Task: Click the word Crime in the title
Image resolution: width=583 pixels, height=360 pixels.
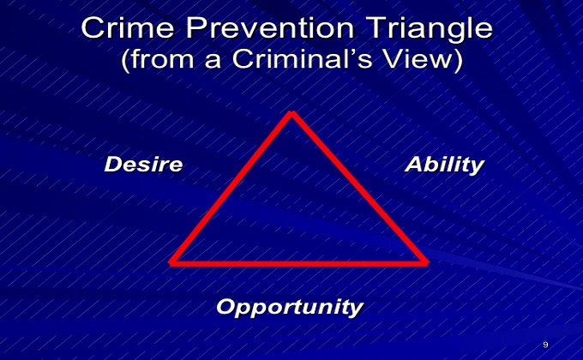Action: pos(128,28)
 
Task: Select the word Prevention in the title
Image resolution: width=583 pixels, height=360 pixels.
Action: pos(270,28)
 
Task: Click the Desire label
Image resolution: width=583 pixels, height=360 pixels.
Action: pos(143,165)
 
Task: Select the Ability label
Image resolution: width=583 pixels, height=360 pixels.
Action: pos(445,165)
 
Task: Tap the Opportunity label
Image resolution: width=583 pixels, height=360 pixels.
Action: pos(290,308)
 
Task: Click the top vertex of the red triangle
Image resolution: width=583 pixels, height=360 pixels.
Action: pos(292,112)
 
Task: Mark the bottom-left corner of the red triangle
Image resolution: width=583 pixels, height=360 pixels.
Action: pos(171,262)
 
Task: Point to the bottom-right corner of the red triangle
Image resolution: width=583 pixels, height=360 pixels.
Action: pos(427,262)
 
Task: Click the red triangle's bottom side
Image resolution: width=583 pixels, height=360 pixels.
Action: pos(298,264)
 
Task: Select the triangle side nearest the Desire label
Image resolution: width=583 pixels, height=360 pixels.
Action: pos(231,188)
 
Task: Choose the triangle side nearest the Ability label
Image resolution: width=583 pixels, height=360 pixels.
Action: pos(359,188)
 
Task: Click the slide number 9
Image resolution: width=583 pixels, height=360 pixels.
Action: pos(545,345)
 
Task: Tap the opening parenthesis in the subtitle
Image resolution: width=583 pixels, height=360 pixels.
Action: pos(126,60)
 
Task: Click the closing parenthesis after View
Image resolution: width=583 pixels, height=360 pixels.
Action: pos(458,60)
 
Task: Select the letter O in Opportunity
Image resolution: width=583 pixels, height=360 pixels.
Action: pos(226,306)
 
